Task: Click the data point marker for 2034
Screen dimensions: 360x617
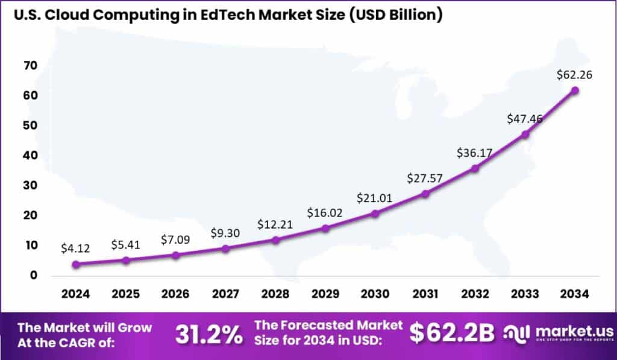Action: pyautogui.click(x=575, y=90)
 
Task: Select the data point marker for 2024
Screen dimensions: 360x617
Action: pyautogui.click(x=75, y=264)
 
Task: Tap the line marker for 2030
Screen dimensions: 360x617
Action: pyautogui.click(x=375, y=213)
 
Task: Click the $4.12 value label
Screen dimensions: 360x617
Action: pyautogui.click(x=75, y=248)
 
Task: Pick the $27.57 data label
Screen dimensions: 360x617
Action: pyautogui.click(x=425, y=178)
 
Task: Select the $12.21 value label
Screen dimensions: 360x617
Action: pyautogui.click(x=275, y=224)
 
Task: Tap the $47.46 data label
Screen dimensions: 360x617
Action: pyautogui.click(x=525, y=118)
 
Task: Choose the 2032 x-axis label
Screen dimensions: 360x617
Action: pyautogui.click(x=475, y=294)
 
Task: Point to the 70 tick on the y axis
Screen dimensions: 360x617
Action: pyautogui.click(x=31, y=65)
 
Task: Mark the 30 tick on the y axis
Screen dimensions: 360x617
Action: pyautogui.click(x=31, y=185)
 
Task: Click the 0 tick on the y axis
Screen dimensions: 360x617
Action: pyautogui.click(x=34, y=275)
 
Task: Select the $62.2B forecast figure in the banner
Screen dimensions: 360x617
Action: pyautogui.click(x=452, y=332)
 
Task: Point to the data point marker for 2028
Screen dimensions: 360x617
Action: pyautogui.click(x=275, y=240)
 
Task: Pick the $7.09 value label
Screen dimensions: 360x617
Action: pyautogui.click(x=175, y=239)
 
